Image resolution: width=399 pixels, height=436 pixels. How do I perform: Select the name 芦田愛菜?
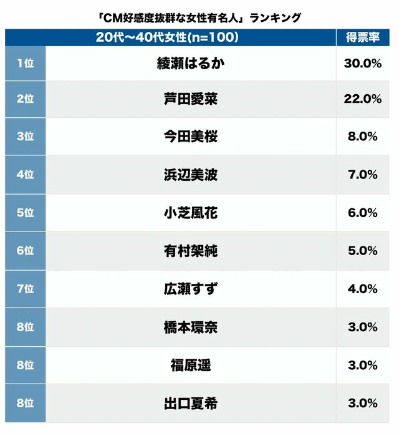tap(191, 99)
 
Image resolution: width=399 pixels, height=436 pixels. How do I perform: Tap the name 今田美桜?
tap(191, 137)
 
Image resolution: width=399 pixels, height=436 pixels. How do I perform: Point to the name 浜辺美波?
tap(191, 175)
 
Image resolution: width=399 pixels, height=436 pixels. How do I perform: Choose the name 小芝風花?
tap(191, 213)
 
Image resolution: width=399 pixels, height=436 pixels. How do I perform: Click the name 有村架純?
tap(191, 251)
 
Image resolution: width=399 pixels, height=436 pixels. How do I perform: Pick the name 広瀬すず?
tap(191, 289)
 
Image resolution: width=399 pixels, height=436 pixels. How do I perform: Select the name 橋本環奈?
tap(191, 327)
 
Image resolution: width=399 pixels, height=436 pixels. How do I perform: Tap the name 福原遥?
tap(191, 365)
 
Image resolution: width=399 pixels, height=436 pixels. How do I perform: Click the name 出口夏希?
tap(191, 403)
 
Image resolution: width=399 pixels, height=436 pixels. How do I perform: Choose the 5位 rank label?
tap(25, 213)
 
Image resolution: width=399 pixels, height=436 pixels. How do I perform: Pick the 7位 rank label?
tap(25, 289)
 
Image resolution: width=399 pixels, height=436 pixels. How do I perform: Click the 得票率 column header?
tap(363, 37)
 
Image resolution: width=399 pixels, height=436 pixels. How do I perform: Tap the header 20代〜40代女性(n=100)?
tap(168, 37)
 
